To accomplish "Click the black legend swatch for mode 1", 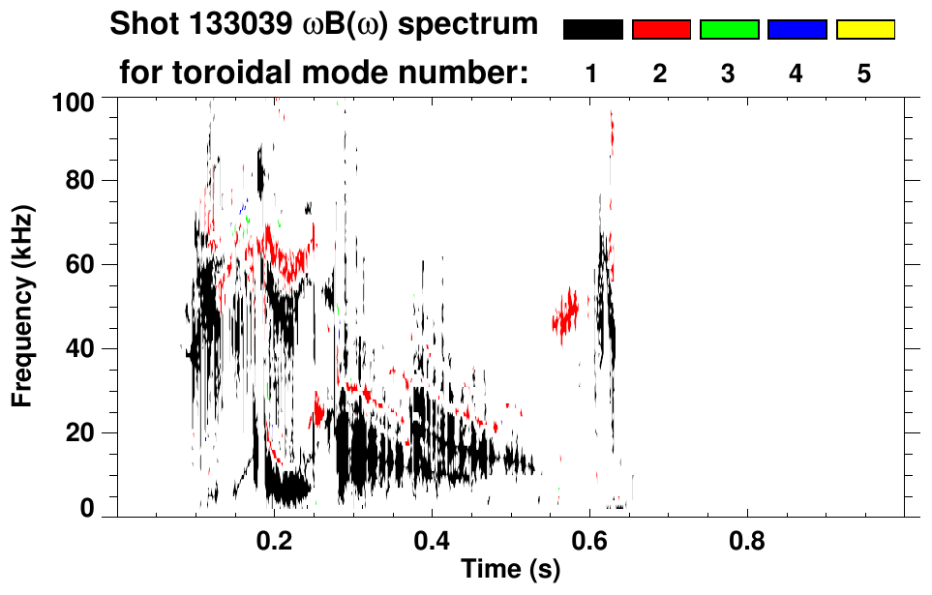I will (x=592, y=30).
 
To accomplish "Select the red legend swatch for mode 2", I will (x=661, y=30).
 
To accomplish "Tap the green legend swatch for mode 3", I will (x=729, y=30).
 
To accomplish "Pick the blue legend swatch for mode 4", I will (x=797, y=30).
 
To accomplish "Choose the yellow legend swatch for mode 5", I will (x=864, y=30).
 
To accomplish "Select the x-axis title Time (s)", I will (x=510, y=570).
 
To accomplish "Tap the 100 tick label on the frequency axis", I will (x=73, y=100).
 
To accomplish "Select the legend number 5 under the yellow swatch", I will (x=864, y=74).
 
